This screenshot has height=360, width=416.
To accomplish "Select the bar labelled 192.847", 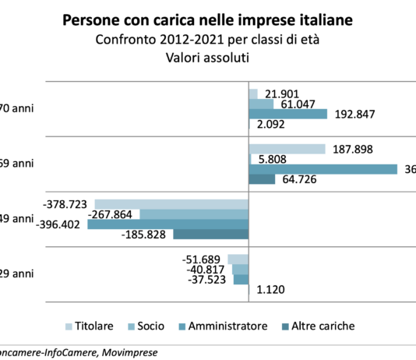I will [x=287, y=114].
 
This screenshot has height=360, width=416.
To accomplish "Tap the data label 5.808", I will [x=273, y=159].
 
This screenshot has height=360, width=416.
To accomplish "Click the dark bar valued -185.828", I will [x=210, y=234].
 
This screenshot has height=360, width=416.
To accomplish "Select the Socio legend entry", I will [x=154, y=326].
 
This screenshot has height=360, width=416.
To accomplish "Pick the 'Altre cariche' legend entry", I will [x=321, y=326].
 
